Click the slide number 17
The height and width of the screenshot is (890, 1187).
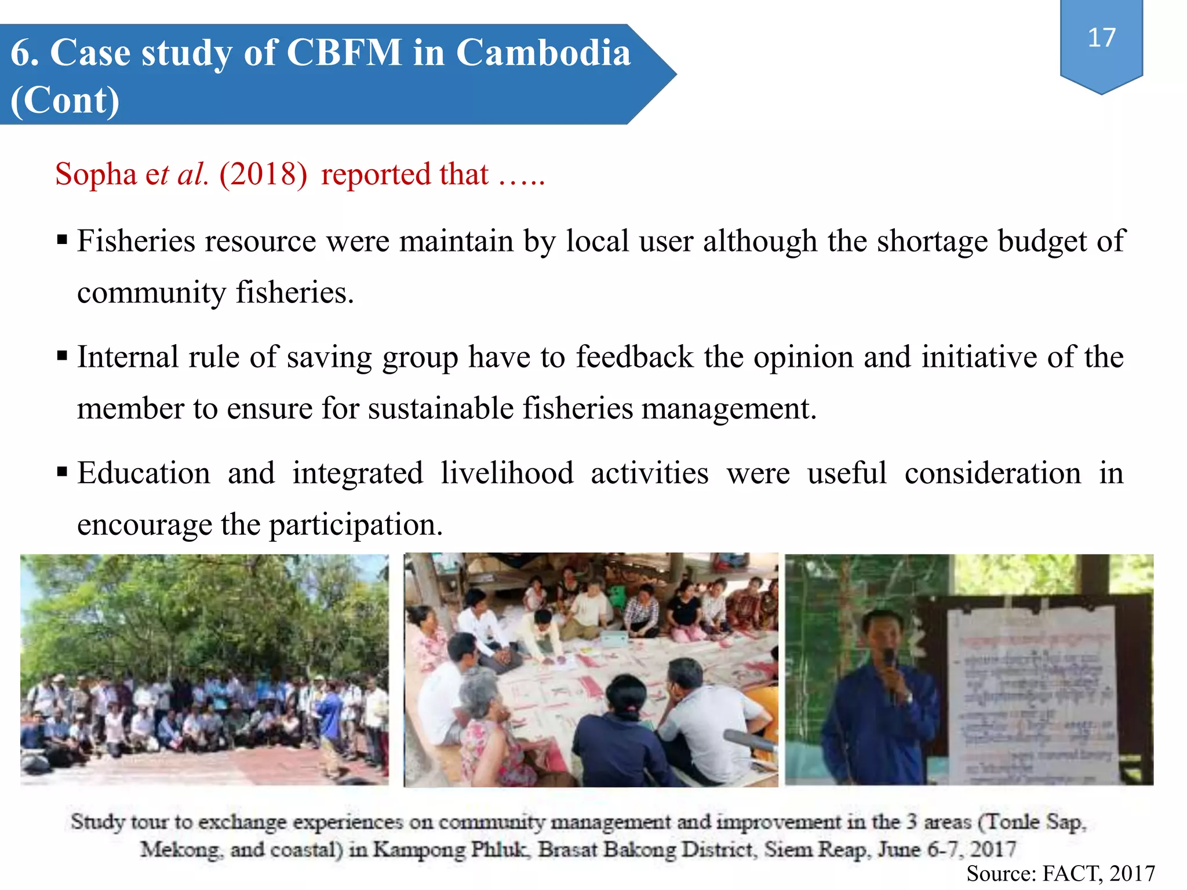1101,38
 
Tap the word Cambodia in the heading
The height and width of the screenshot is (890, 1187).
543,53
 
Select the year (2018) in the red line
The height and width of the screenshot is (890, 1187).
263,174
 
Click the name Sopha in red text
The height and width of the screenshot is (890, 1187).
96,174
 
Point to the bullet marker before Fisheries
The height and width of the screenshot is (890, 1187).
63,239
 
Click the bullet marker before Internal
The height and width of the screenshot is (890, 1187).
63,355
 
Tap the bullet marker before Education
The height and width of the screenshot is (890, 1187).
63,471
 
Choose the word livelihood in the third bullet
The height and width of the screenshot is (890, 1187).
507,473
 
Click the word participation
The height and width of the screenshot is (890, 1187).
355,525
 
